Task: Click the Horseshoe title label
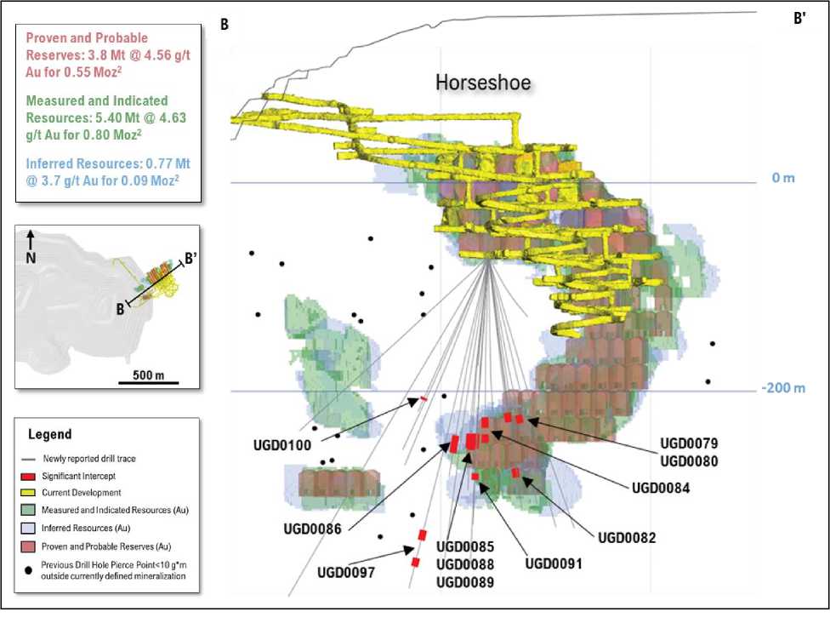click(x=483, y=83)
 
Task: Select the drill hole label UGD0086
click(x=312, y=529)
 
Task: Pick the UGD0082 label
click(x=628, y=537)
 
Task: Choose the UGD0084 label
click(x=660, y=488)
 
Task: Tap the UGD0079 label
click(x=690, y=443)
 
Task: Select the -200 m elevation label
click(x=782, y=389)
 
